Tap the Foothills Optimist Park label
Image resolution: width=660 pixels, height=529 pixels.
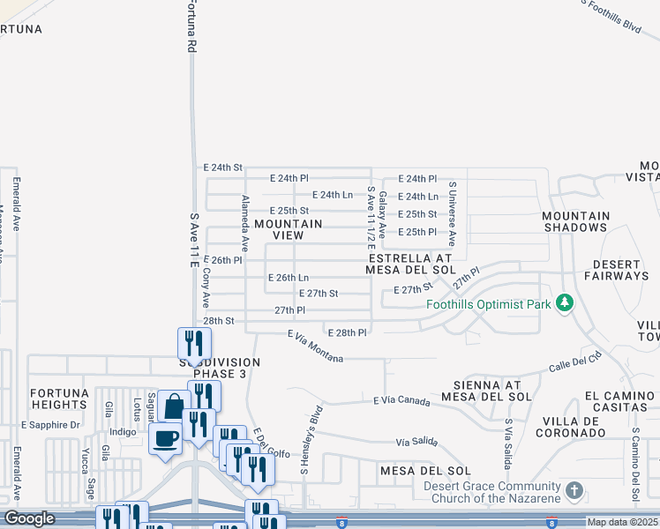pyautogui.click(x=489, y=306)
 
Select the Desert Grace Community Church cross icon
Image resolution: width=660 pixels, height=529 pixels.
pyautogui.click(x=574, y=489)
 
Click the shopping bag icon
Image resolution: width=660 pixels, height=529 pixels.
pyautogui.click(x=174, y=407)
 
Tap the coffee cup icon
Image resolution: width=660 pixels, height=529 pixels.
pyautogui.click(x=165, y=436)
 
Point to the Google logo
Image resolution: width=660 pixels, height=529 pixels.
pyautogui.click(x=29, y=518)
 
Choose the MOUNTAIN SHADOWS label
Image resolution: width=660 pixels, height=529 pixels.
pyautogui.click(x=575, y=221)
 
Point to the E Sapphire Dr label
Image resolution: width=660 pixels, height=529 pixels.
pyautogui.click(x=50, y=425)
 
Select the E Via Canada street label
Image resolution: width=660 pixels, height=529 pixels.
pyautogui.click(x=402, y=401)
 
